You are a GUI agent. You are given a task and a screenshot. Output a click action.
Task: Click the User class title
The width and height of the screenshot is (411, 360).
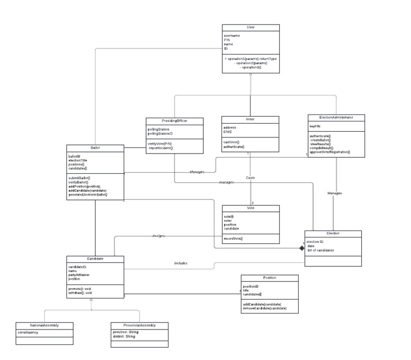[x=250, y=27]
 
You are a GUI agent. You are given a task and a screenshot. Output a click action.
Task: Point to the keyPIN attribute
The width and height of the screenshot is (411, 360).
[x=315, y=126]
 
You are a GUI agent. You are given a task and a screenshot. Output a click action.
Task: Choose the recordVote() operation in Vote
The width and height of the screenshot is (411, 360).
[x=234, y=238]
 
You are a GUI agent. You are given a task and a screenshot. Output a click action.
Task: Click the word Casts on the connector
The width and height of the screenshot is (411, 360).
[x=250, y=177]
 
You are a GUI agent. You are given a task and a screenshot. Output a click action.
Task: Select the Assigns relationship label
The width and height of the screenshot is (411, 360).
[x=158, y=235]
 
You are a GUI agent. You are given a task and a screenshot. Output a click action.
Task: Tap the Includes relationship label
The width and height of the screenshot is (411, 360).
[x=180, y=263]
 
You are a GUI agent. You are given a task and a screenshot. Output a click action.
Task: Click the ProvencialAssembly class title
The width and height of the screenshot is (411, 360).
[x=139, y=325]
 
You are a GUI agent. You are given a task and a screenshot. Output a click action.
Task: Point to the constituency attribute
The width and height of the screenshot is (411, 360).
[x=28, y=332]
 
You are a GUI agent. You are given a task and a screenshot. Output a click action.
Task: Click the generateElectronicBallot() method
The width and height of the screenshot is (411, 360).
[x=88, y=195]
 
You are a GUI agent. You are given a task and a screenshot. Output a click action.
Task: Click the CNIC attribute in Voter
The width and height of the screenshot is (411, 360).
[x=229, y=132]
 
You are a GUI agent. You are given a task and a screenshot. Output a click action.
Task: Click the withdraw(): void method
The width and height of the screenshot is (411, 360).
[x=81, y=293]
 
